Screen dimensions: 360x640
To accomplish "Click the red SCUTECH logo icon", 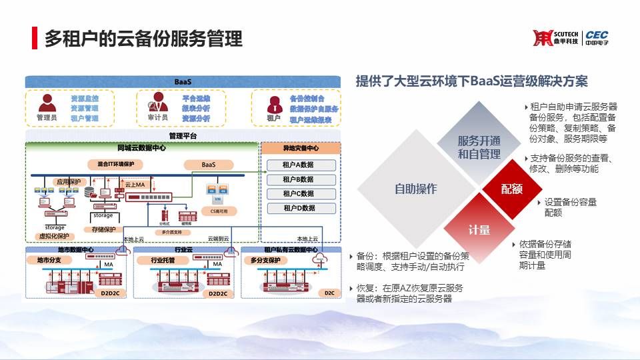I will pos(543,38).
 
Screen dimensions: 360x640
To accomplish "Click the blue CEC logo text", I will pos(597,35).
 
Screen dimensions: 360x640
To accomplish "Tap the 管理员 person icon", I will pos(47,103).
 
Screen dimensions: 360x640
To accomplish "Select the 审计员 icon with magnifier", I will pos(158,102).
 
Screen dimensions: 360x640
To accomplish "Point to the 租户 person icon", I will pos(273,104).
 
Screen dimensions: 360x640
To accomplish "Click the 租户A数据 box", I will pos(299,165).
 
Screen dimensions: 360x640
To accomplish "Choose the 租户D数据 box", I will pos(299,208).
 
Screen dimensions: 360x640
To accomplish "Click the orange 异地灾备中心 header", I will pos(300,148).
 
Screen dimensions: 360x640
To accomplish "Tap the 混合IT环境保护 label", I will pos(111,164).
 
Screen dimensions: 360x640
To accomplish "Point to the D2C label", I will pos(329,293).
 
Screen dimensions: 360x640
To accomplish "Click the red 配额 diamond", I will pos(512,189).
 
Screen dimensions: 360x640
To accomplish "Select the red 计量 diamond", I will pos(479,230).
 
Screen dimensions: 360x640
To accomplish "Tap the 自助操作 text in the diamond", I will pos(415,189).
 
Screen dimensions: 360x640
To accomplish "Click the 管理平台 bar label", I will pos(183,136).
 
